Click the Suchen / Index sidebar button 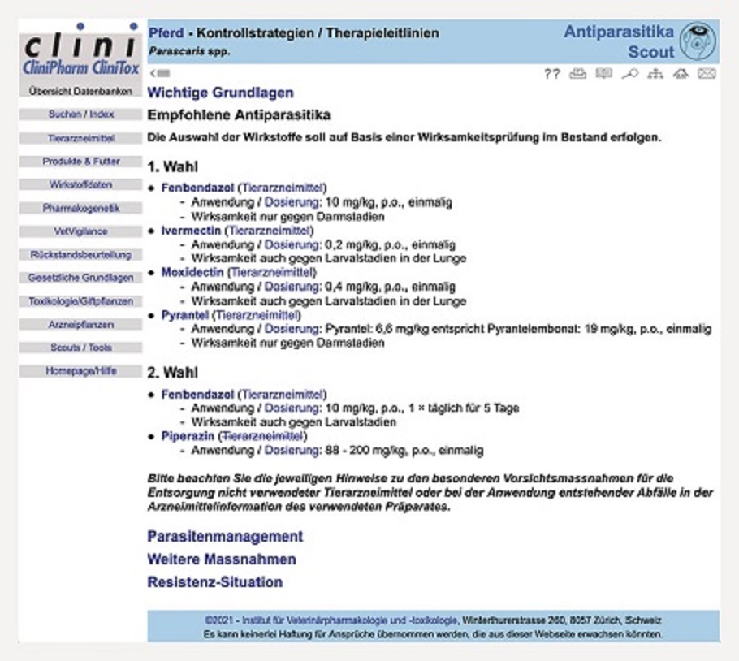coord(80,115)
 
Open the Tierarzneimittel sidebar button coord(80,139)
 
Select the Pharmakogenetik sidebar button coord(80,208)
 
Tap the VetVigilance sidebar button coord(80,231)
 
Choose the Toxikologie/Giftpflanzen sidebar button coord(80,301)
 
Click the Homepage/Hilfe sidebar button coord(80,371)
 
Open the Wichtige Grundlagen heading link coord(220,93)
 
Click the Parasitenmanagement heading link coord(225,537)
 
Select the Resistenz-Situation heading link coord(215,582)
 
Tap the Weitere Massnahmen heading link coord(222,559)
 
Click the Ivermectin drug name coord(191,231)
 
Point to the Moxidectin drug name coord(192,273)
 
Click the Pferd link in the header coord(166,33)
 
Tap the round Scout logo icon coord(696,41)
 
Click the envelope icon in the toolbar coord(707,74)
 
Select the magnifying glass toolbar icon coord(630,74)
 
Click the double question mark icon coord(552,74)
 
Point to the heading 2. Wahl coord(173,374)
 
